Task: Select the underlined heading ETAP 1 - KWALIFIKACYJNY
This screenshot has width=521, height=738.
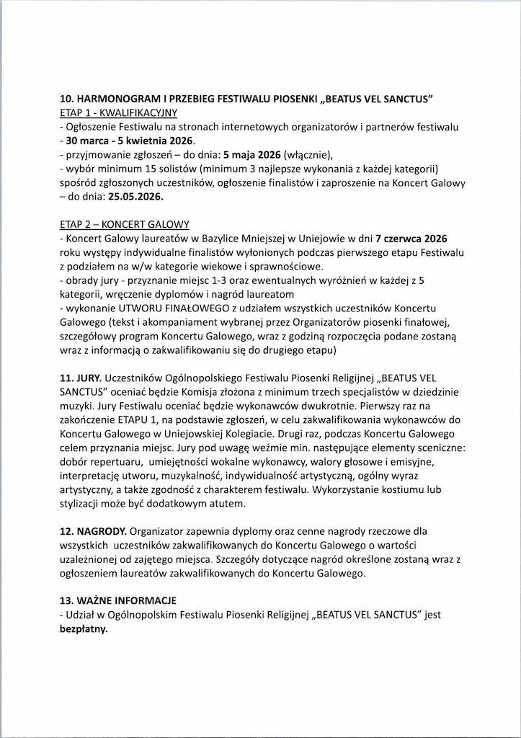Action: tap(118, 113)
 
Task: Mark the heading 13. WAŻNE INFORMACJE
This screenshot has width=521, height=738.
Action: tap(119, 600)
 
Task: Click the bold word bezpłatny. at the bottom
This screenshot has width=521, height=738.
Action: tap(83, 628)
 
